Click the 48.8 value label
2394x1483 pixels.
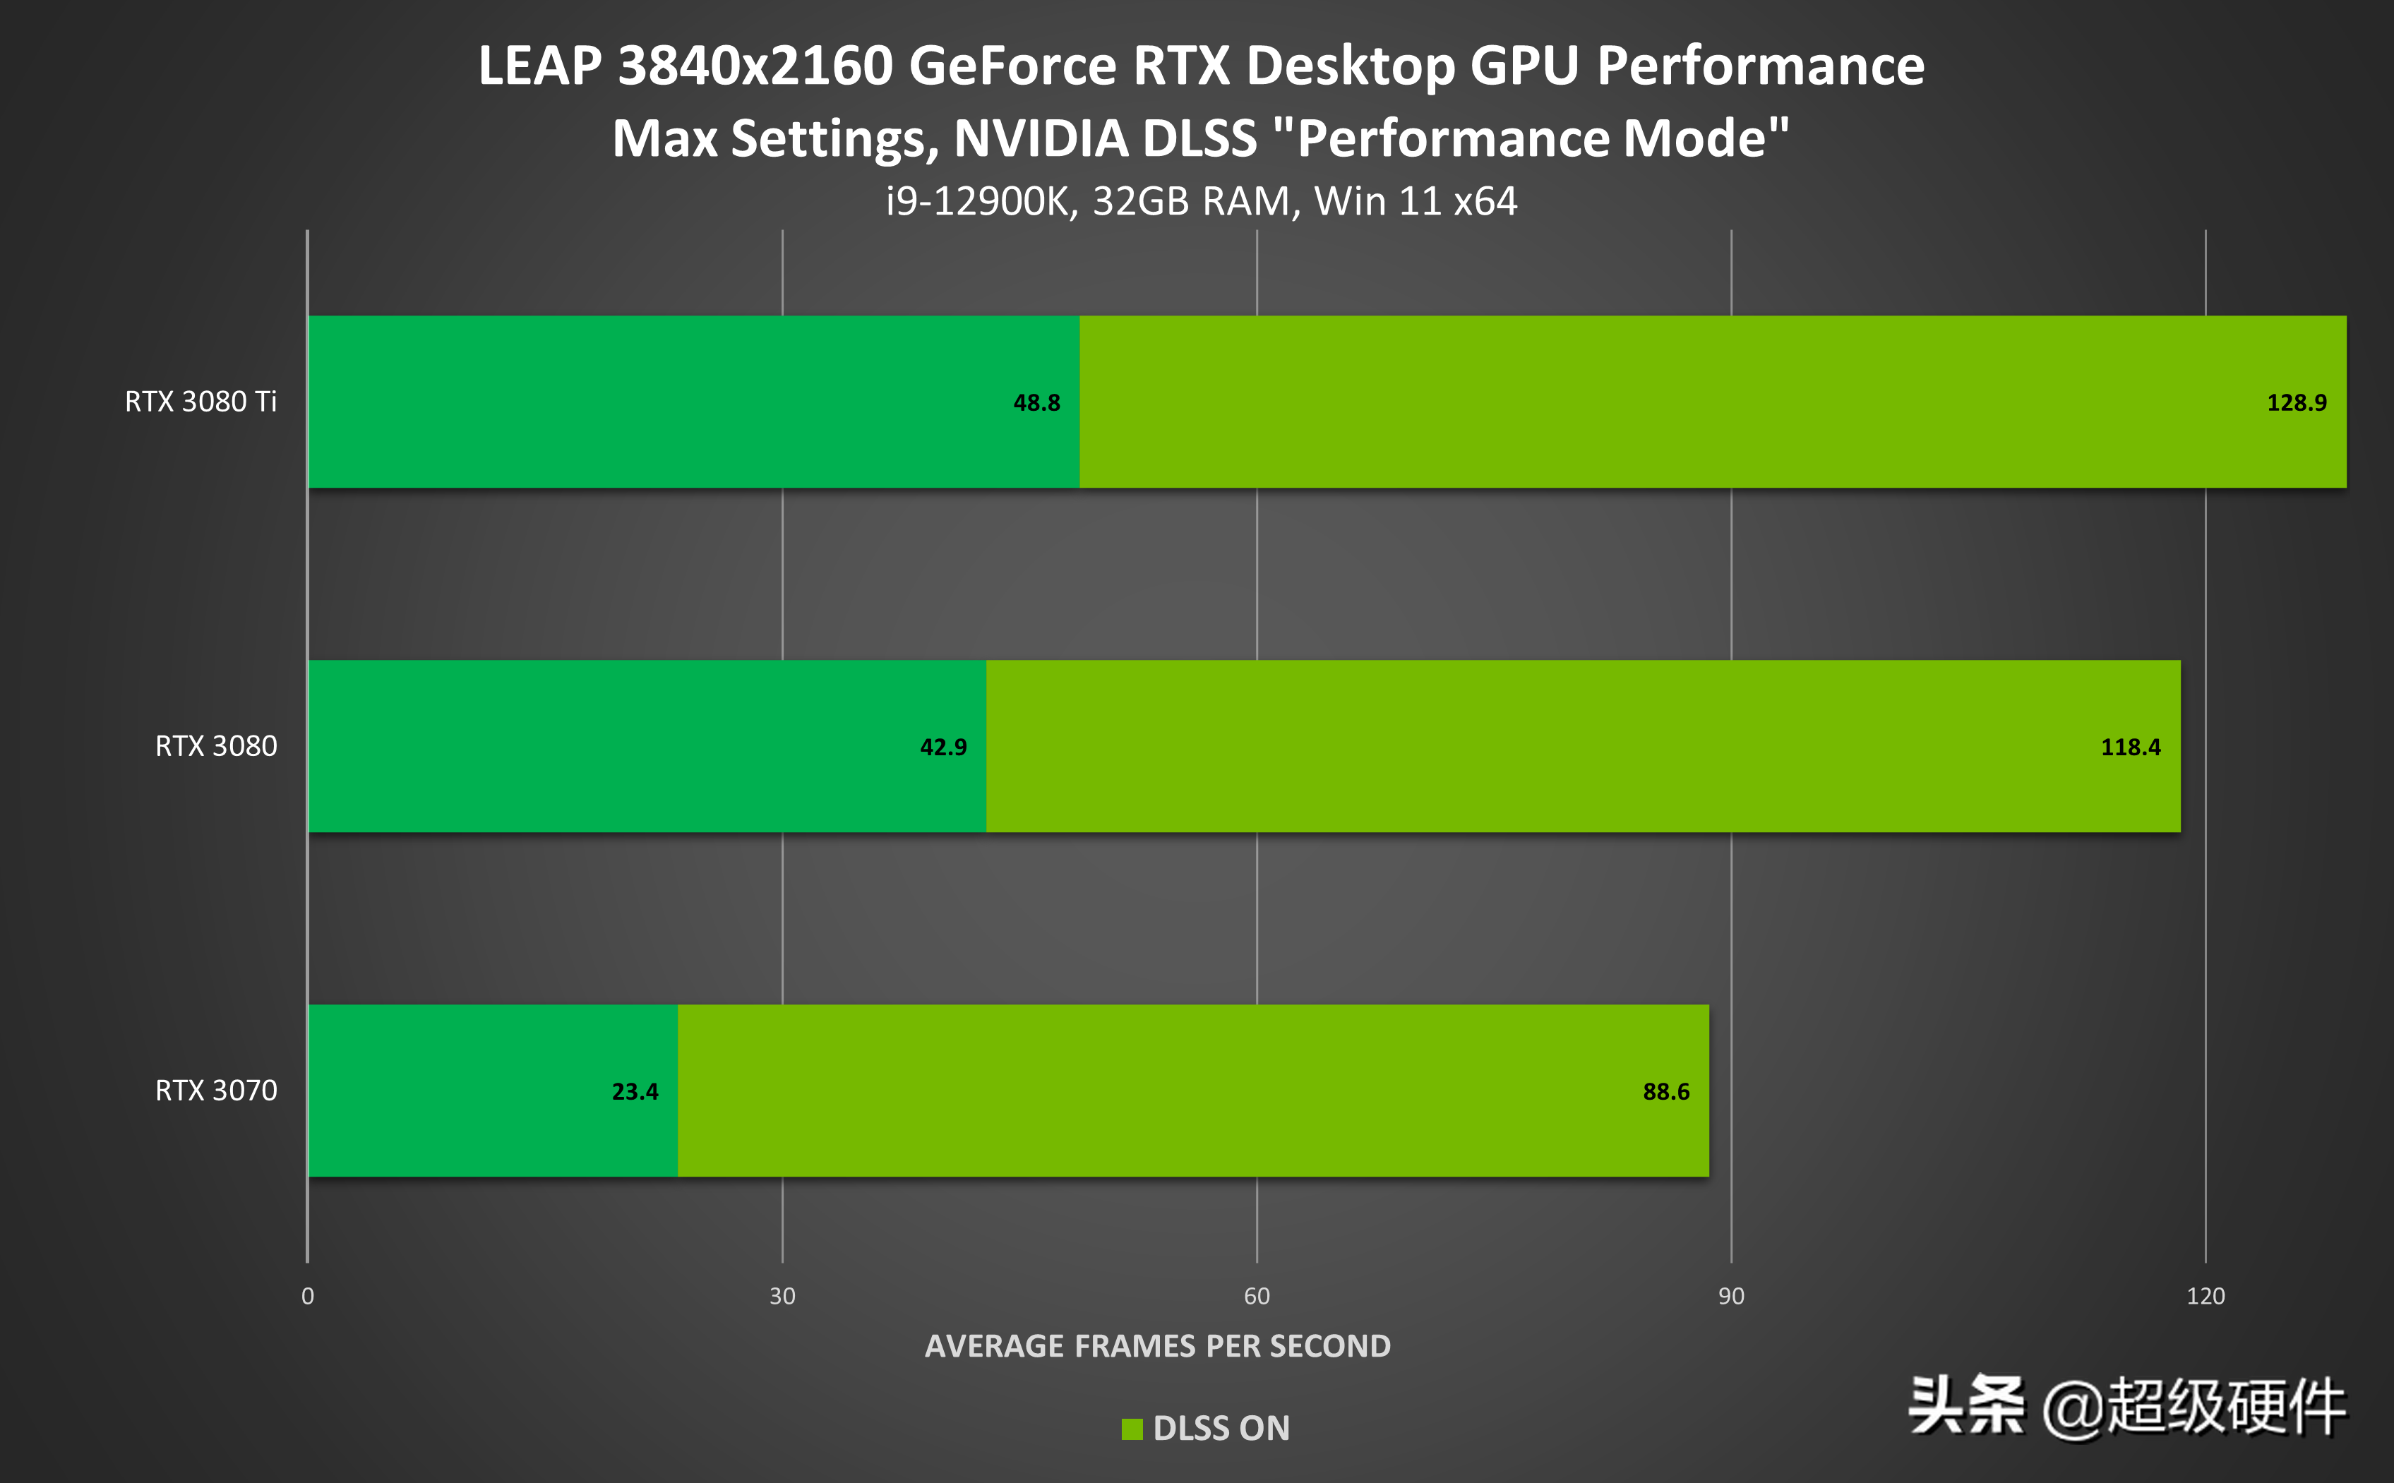[1036, 402]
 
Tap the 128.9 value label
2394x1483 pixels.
[2296, 402]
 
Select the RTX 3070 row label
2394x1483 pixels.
[216, 1090]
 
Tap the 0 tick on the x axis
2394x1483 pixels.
[308, 1296]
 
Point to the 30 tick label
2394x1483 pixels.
[782, 1296]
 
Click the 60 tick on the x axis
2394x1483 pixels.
[1257, 1296]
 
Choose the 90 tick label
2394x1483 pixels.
[1731, 1296]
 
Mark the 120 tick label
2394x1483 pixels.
[2205, 1296]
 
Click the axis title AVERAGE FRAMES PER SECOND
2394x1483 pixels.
[1157, 1345]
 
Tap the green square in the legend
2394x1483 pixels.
[1132, 1429]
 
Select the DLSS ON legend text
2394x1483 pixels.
[1221, 1428]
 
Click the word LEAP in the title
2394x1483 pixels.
[539, 66]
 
